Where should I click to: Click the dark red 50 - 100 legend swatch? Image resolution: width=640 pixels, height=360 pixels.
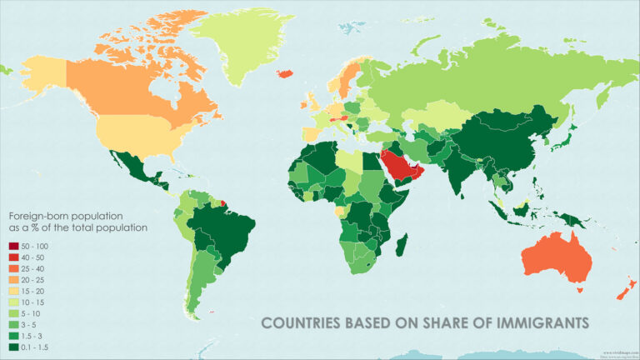coord(15,246)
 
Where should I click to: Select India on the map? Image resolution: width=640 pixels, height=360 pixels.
coord(454,167)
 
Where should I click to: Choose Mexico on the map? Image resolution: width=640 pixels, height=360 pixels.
coord(133,167)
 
